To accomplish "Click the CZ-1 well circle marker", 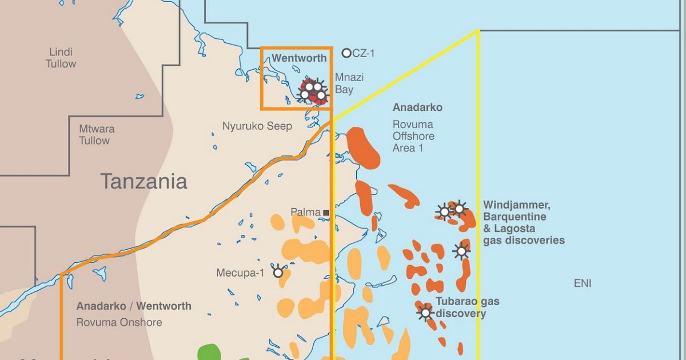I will pyautogui.click(x=346, y=53).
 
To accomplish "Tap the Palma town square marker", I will pyautogui.click(x=326, y=213).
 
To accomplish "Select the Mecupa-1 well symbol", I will pyautogui.click(x=278, y=273).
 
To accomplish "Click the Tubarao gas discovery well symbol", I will pyautogui.click(x=425, y=313).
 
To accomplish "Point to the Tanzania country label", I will pyautogui.click(x=143, y=182).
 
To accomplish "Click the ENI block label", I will pyautogui.click(x=583, y=283).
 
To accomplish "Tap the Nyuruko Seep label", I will pyautogui.click(x=257, y=126).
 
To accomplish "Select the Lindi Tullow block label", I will pyautogui.click(x=61, y=58).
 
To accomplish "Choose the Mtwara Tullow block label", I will pyautogui.click(x=94, y=135).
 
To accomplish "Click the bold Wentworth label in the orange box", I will pyautogui.click(x=299, y=58).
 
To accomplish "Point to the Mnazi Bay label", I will pyautogui.click(x=349, y=83).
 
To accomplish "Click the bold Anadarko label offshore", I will pyautogui.click(x=417, y=107).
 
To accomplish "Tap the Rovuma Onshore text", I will pyautogui.click(x=119, y=322).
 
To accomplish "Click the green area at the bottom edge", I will pyautogui.click(x=209, y=352).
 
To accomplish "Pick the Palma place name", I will pyautogui.click(x=305, y=213).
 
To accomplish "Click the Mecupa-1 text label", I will pyautogui.click(x=240, y=273).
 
